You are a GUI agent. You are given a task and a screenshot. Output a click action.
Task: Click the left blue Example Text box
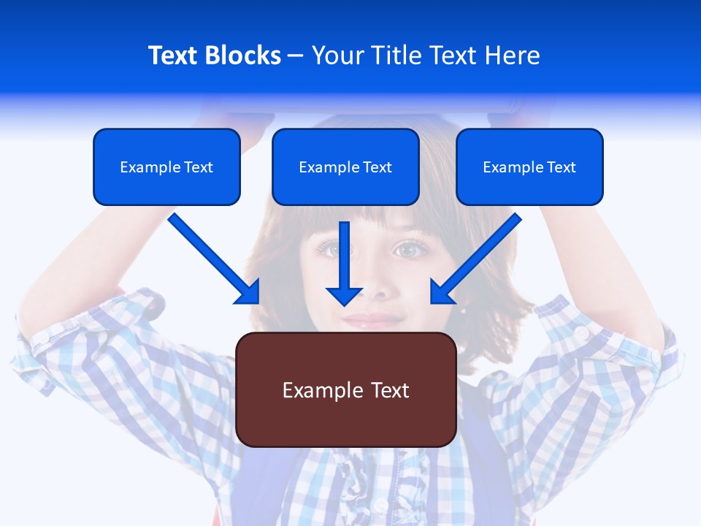click(x=166, y=167)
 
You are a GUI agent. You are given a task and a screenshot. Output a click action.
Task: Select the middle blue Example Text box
click(x=345, y=167)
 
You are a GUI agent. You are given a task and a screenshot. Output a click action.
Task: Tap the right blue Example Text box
click(x=529, y=167)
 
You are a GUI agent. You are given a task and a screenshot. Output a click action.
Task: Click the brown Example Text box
click(x=345, y=390)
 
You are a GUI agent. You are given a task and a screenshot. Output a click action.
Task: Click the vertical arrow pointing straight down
click(x=344, y=263)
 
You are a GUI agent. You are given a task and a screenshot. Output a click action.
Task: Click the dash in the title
click(x=296, y=56)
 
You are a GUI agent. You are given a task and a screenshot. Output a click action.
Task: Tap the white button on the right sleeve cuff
click(x=581, y=332)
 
